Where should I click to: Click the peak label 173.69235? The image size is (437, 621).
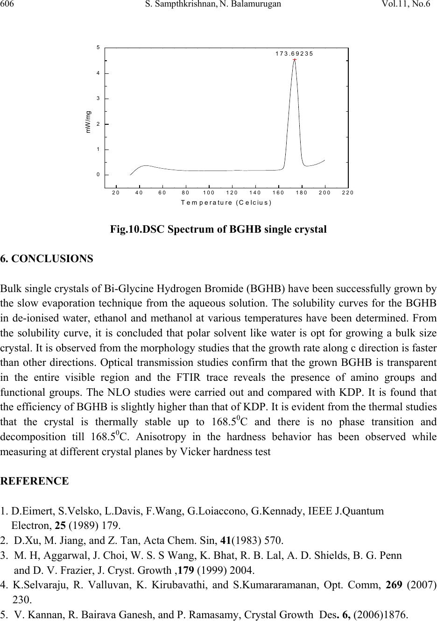[294, 53]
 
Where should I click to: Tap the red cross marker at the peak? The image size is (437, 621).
[295, 60]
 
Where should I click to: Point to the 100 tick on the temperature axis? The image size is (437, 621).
[209, 192]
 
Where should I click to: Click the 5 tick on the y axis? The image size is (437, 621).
[98, 48]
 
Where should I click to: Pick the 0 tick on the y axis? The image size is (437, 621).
[98, 174]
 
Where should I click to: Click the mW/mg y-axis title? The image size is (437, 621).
[88, 122]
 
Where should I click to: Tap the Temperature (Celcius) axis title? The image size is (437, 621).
[226, 202]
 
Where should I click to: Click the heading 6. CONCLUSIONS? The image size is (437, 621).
[47, 258]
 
